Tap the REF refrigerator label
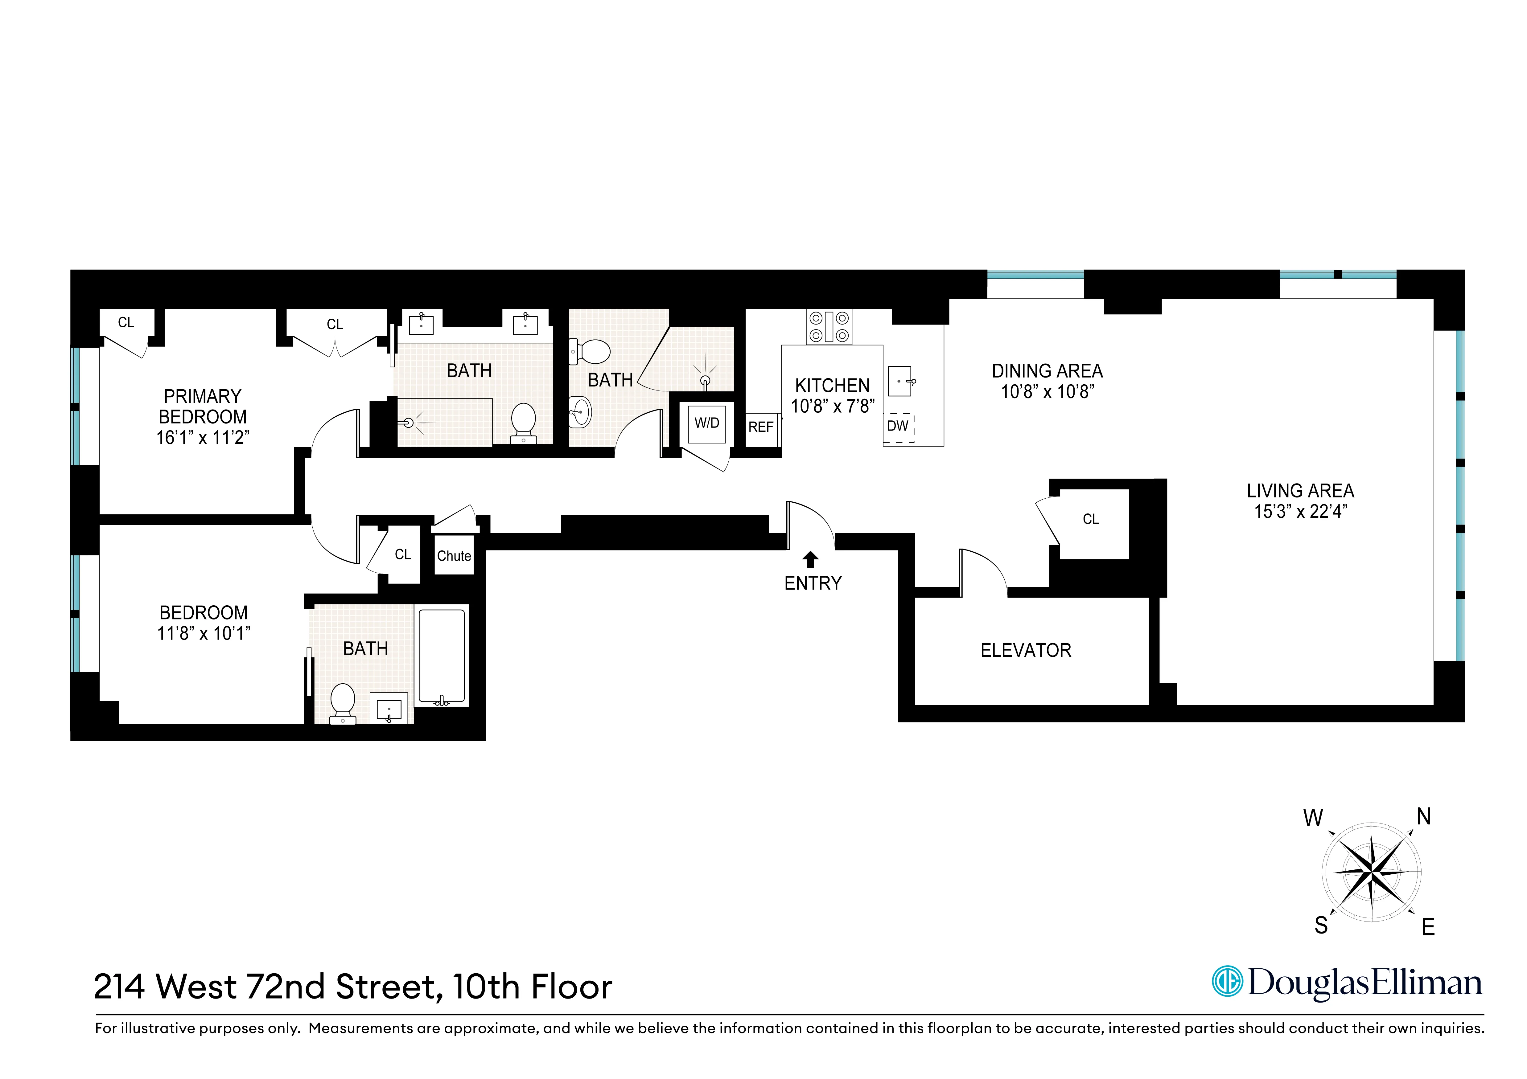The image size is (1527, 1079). pyautogui.click(x=761, y=427)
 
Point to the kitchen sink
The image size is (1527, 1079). pyautogui.click(x=900, y=381)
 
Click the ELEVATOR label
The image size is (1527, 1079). pyautogui.click(x=1026, y=650)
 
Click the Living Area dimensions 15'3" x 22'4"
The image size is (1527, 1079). pyautogui.click(x=1300, y=511)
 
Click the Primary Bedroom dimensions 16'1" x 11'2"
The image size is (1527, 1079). pyautogui.click(x=203, y=437)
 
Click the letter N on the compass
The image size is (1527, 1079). pyautogui.click(x=1423, y=816)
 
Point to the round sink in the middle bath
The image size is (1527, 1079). pyautogui.click(x=580, y=412)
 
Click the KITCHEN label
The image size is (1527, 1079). pyautogui.click(x=832, y=386)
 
